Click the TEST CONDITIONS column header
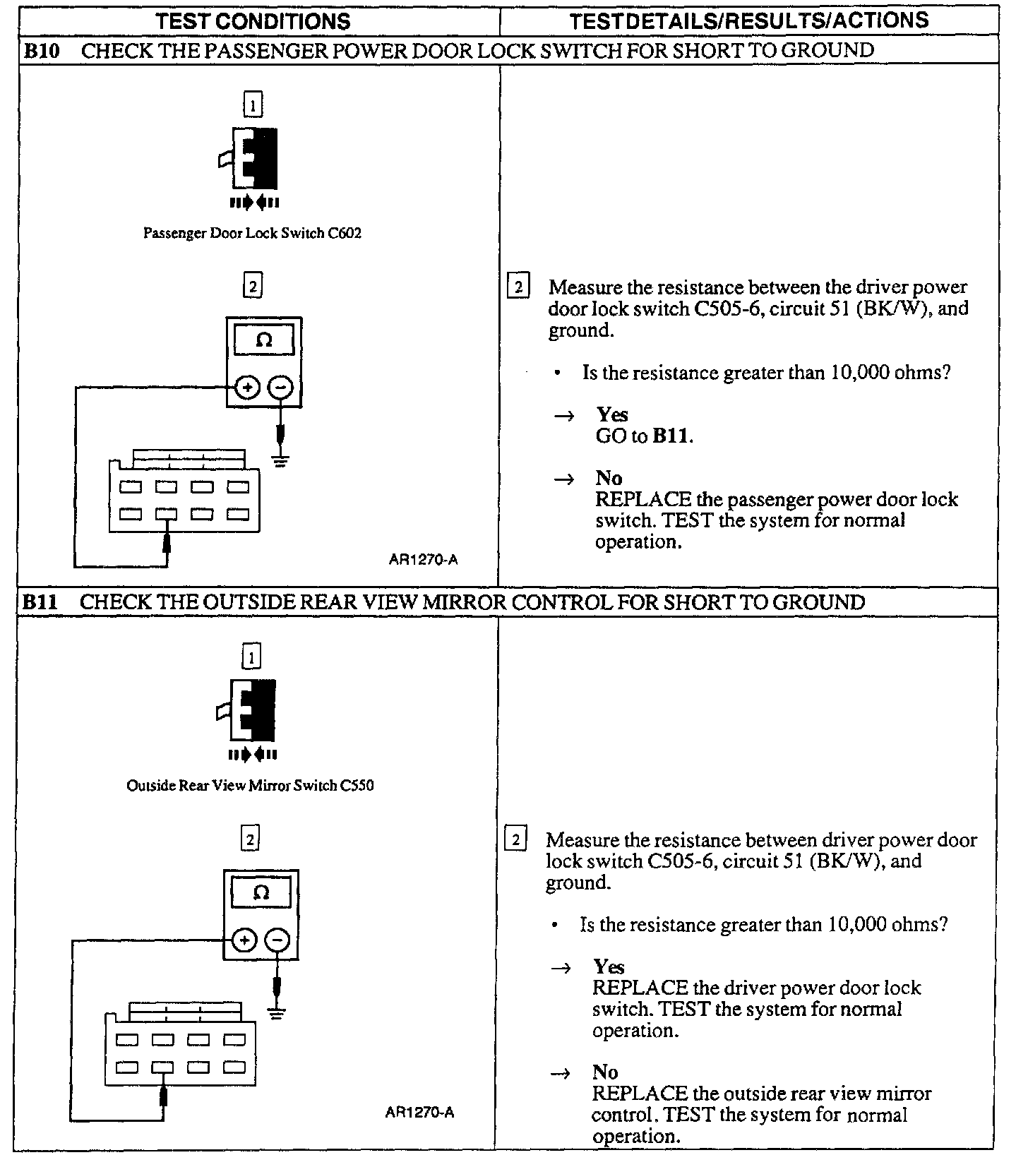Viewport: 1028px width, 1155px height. [253, 21]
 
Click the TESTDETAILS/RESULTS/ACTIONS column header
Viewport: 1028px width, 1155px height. [748, 20]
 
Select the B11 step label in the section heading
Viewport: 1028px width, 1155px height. [39, 602]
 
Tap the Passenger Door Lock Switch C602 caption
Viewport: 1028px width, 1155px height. [252, 233]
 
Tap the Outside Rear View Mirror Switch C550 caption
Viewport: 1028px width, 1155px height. [250, 785]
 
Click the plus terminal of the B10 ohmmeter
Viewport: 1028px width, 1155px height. [247, 388]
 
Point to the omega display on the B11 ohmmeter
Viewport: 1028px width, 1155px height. [261, 893]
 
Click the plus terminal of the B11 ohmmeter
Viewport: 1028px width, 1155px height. [244, 940]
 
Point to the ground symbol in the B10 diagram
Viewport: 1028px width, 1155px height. [280, 462]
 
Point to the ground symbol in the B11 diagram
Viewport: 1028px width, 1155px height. [277, 1015]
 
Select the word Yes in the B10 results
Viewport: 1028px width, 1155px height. [611, 414]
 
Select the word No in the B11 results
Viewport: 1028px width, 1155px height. [605, 1072]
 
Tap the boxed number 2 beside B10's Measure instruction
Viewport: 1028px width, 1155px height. [518, 287]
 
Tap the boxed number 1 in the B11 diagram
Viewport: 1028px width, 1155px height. [251, 658]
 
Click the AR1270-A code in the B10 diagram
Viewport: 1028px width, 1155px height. [423, 560]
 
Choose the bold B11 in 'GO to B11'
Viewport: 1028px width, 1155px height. [671, 436]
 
